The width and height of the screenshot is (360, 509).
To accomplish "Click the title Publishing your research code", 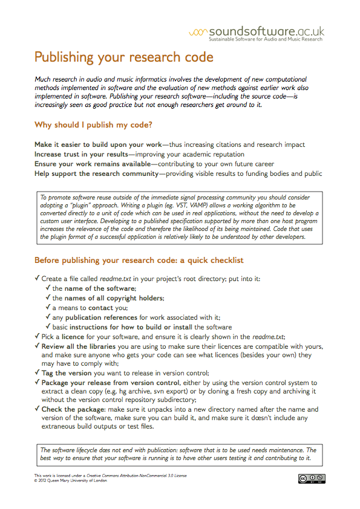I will (123, 57).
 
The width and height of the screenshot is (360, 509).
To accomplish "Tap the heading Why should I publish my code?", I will (93, 125).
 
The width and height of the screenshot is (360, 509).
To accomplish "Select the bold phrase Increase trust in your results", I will (80, 155).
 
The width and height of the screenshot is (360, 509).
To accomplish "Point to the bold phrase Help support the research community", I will (95, 174).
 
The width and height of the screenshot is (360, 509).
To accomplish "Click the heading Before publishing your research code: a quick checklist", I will (130, 261).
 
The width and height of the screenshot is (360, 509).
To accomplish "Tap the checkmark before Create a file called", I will (38, 279).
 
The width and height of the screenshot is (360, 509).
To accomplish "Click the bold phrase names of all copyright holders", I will (112, 298).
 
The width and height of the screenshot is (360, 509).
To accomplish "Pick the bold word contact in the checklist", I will (100, 308).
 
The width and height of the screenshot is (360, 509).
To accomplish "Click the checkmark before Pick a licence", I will (38, 337).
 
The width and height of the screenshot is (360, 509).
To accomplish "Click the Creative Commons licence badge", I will (310, 479).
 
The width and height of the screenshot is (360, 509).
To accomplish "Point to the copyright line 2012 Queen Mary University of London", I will (72, 481).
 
